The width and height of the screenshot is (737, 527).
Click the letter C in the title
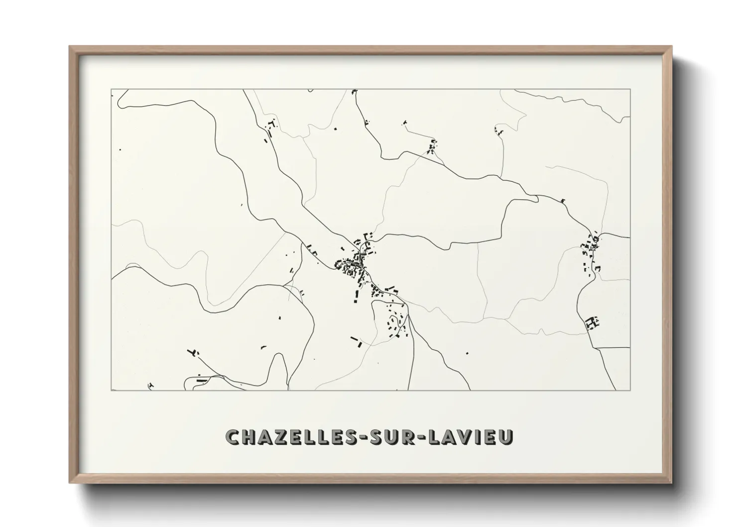coord(233,437)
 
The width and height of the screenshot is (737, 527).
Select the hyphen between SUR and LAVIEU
coord(418,437)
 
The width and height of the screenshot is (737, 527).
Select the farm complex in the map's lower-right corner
coord(592,323)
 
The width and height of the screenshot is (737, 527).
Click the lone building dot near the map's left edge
coord(120,148)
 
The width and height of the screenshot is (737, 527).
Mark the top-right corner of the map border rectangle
coord(630,90)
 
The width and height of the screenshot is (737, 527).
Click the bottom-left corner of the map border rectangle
coord(112,390)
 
